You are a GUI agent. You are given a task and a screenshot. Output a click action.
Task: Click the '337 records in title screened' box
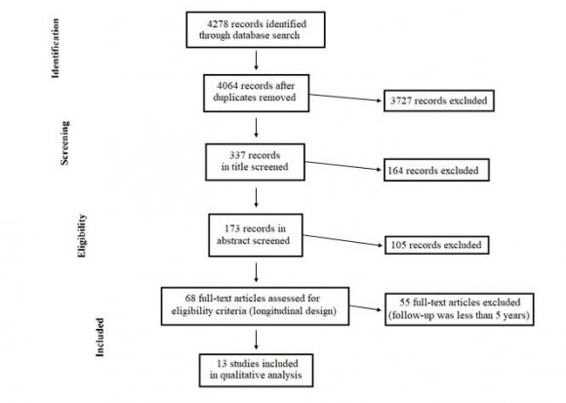(x=255, y=159)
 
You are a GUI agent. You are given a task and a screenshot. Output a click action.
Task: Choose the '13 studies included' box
(x=255, y=368)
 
